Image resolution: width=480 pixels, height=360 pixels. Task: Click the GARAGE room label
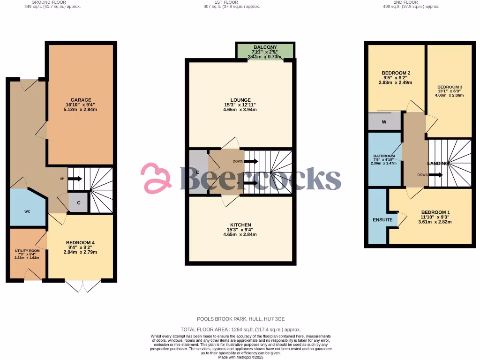click(x=81, y=100)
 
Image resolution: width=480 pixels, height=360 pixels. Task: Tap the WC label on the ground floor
click(x=27, y=211)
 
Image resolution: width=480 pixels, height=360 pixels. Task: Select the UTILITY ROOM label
click(x=27, y=251)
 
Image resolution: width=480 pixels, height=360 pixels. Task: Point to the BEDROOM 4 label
click(x=81, y=242)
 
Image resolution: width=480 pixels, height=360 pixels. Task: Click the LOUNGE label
click(x=240, y=100)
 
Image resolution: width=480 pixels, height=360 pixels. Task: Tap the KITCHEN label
click(x=240, y=225)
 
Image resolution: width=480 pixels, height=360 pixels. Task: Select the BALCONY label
click(x=265, y=47)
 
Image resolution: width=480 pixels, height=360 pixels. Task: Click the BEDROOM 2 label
click(x=396, y=73)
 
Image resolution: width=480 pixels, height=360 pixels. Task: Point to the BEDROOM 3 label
click(x=450, y=87)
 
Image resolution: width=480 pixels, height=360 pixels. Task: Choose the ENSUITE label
click(x=382, y=220)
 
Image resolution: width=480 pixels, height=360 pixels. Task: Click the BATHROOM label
click(x=384, y=156)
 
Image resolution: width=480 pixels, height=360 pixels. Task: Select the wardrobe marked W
click(x=384, y=122)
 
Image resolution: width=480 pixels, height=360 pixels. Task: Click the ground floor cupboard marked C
click(x=79, y=203)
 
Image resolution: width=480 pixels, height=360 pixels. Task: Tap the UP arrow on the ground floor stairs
click(x=75, y=179)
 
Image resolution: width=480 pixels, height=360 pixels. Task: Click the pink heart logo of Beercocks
click(x=157, y=178)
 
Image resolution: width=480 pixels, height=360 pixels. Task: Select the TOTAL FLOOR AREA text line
click(x=240, y=330)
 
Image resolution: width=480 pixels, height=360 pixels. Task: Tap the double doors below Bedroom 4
click(x=83, y=285)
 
